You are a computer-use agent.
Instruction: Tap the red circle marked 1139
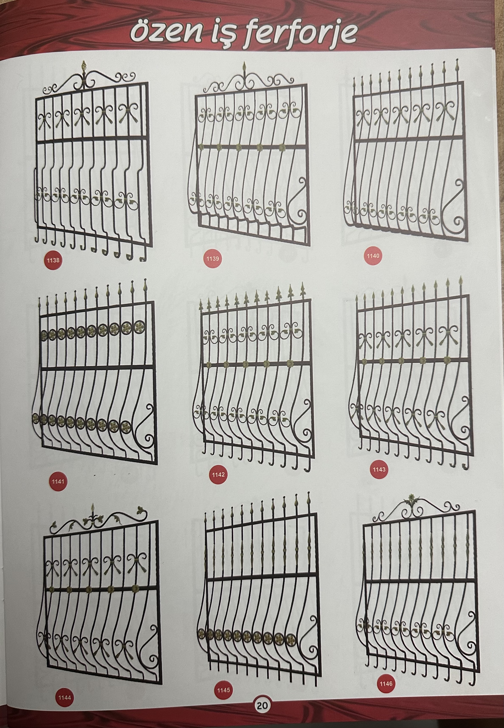(213, 259)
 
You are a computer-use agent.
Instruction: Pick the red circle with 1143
(379, 469)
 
